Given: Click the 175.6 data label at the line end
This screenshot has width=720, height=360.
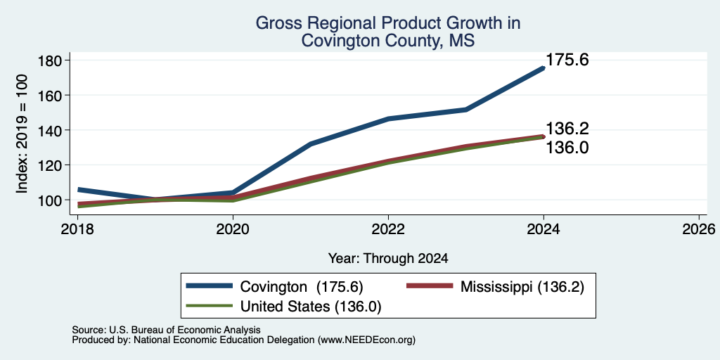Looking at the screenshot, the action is [x=567, y=60].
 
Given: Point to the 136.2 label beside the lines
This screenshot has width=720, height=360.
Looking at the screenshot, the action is [x=567, y=129].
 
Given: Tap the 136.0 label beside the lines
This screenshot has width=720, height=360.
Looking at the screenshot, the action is [x=567, y=148].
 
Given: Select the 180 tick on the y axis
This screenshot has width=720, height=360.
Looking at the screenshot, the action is [x=50, y=60].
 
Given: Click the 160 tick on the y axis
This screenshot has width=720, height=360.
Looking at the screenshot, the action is [x=50, y=95].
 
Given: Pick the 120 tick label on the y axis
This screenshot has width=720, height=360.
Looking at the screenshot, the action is [x=50, y=165].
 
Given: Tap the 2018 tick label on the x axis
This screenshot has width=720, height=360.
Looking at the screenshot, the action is [x=77, y=229].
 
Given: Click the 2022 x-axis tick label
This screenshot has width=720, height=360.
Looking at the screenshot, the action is [x=388, y=229].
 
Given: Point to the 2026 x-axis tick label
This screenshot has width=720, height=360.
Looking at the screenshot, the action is [x=699, y=229].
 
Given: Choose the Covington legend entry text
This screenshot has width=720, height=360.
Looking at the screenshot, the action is [x=302, y=287].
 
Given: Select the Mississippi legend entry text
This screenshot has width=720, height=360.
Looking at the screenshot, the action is [x=522, y=287].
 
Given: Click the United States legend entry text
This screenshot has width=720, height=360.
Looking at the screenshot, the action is [x=311, y=307].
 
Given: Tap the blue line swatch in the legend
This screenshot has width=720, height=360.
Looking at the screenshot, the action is [x=210, y=286].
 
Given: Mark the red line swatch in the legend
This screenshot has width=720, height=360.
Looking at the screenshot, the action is [x=430, y=286].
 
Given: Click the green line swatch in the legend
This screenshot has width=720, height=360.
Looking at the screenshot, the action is [x=210, y=305].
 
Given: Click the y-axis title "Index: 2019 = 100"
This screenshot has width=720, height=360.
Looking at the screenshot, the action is [x=22, y=134].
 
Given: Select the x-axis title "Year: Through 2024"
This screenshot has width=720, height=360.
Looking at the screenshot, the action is [x=388, y=259].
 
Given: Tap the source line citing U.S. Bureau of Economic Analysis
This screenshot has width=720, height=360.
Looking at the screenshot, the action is [x=166, y=330].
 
